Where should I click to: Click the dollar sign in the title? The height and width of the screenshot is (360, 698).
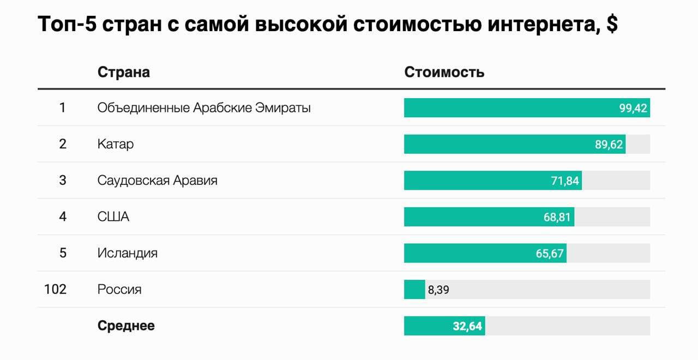[612, 25]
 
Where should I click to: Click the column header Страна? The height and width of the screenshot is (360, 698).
[123, 72]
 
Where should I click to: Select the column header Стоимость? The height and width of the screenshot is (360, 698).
[444, 72]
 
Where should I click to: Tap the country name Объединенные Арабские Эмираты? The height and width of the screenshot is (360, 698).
[204, 108]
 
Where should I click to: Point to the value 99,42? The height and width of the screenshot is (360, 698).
[633, 108]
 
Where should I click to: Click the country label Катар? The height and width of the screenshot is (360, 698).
[116, 145]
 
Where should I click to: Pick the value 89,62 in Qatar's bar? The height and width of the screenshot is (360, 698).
[609, 145]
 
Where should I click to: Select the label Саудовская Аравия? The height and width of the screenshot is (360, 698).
[157, 181]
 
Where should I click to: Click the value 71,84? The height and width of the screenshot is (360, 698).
[565, 181]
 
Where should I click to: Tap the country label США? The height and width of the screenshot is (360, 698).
[113, 217]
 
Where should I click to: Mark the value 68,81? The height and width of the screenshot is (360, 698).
[557, 217]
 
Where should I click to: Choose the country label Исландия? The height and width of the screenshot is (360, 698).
[128, 253]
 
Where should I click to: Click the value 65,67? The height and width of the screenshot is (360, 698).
[550, 253]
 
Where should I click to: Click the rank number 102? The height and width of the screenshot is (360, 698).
[55, 289]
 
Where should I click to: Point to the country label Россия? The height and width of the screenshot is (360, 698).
[119, 290]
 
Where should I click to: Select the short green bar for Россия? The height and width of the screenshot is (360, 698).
[414, 290]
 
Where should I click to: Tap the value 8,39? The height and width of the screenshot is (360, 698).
[438, 290]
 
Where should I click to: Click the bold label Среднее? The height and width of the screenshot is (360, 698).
[126, 326]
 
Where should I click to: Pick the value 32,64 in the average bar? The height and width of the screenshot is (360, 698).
[467, 326]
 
